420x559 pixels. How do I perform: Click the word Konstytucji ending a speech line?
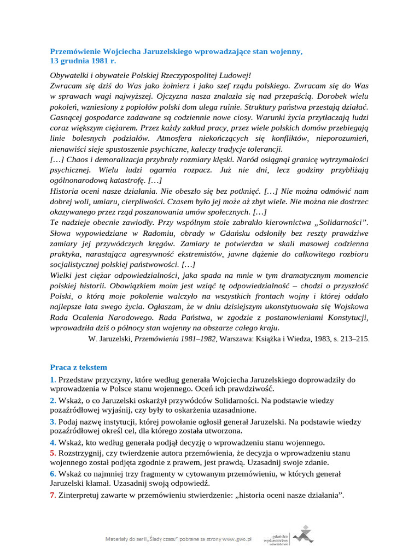(x=346, y=317)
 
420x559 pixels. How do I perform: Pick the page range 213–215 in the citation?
(x=355, y=339)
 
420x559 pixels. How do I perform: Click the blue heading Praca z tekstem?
(x=79, y=367)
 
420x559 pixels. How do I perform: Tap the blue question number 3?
(x=52, y=422)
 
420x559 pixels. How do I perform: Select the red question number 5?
(x=52, y=453)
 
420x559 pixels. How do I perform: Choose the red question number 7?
(x=52, y=495)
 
